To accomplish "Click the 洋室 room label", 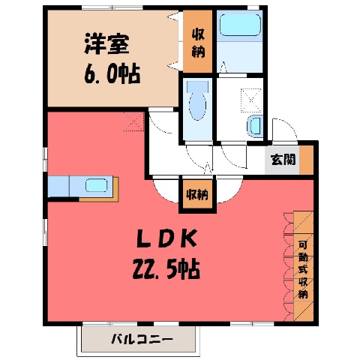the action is (x=106, y=44).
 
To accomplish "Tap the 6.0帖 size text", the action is (x=112, y=74).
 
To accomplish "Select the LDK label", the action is (x=166, y=238).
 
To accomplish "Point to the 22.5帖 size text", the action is (x=166, y=269).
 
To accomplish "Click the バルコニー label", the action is (x=142, y=339).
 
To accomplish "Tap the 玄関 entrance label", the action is (x=283, y=159).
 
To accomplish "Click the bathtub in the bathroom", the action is (x=240, y=25).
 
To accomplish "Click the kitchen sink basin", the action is (x=97, y=186).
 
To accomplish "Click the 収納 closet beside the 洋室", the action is (x=198, y=41).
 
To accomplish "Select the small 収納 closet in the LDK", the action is (x=197, y=194).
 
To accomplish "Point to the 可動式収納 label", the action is (x=303, y=270).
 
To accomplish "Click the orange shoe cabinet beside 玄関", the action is (x=306, y=160).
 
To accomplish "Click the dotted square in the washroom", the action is (x=251, y=100).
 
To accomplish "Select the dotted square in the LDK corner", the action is (x=133, y=121).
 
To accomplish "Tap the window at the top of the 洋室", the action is (x=112, y=7).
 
